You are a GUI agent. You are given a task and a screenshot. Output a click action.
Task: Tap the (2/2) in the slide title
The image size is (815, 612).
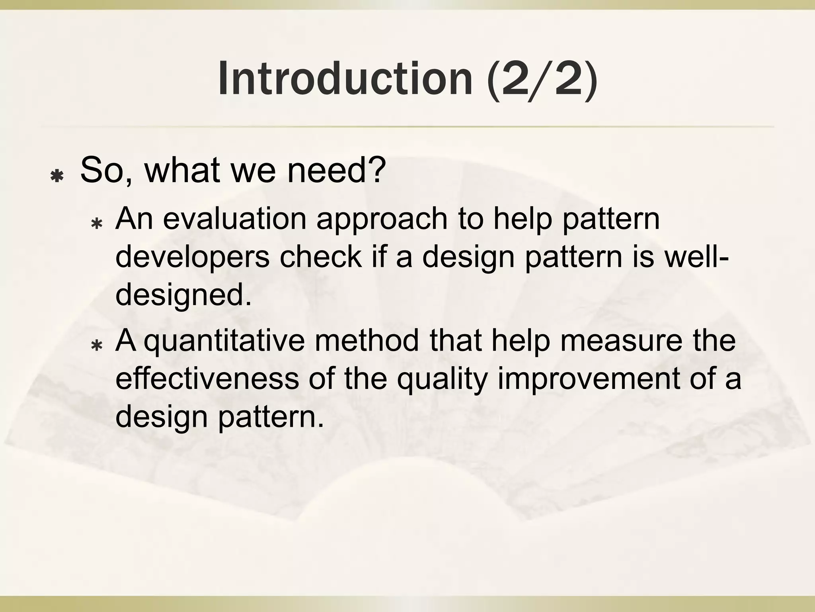point(542,78)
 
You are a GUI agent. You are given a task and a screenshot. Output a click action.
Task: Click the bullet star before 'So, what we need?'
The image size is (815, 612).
point(57,176)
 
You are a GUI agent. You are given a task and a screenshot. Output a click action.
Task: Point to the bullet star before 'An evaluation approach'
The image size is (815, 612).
point(97,224)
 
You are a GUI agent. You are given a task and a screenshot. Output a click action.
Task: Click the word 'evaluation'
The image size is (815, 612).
point(235,219)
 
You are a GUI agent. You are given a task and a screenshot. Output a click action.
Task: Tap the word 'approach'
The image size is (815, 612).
point(382,219)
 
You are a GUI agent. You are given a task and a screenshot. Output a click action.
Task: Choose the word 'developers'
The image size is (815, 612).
point(192,257)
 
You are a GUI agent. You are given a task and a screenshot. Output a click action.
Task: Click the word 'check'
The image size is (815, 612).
point(320,257)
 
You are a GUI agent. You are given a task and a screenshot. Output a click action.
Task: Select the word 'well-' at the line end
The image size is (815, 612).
point(696,257)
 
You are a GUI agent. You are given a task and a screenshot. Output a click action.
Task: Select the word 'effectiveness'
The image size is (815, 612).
point(207,378)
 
